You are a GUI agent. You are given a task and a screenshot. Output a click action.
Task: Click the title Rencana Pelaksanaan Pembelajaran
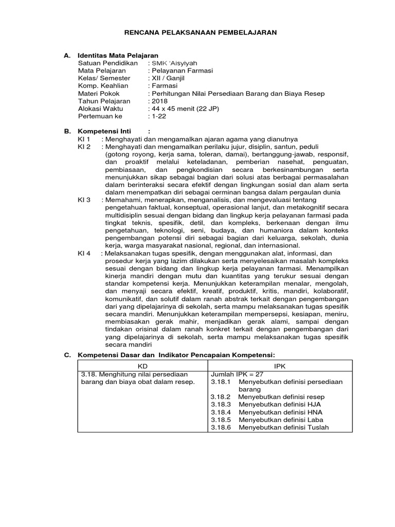pos(201,32)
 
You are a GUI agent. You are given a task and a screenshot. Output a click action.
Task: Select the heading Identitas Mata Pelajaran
pos(117,55)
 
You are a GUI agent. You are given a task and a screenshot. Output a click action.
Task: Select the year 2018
pos(158,101)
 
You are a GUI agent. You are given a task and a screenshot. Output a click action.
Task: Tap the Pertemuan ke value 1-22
pos(157,117)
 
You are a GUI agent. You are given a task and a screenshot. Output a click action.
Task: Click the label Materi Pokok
pos(99,94)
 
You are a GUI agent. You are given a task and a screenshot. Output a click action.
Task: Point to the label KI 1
pos(84,139)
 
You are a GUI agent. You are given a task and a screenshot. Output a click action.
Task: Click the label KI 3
pos(84,199)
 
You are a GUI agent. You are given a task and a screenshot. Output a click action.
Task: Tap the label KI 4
pos(84,253)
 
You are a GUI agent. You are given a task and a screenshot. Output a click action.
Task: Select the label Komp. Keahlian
pos(103,86)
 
